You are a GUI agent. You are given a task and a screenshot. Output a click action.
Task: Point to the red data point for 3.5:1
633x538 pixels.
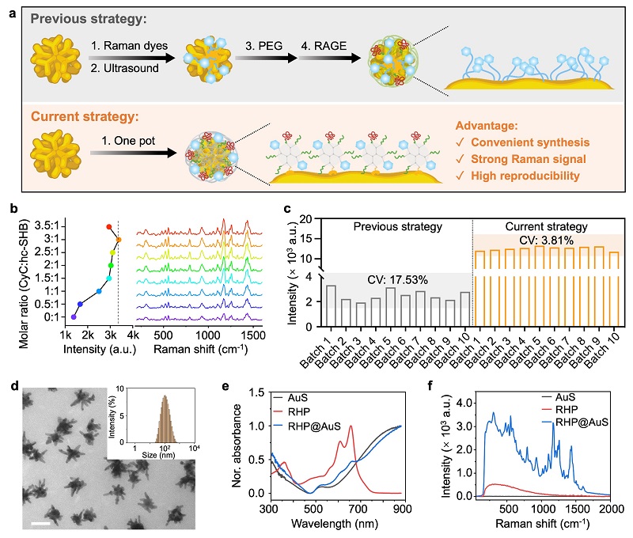(x=110, y=227)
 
